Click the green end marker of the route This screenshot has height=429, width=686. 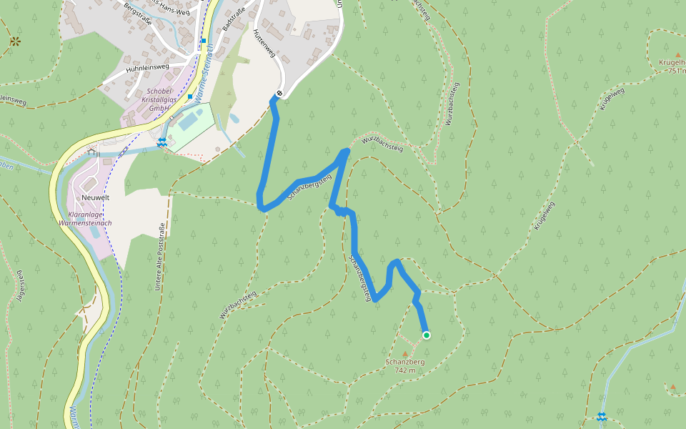coord(427,335)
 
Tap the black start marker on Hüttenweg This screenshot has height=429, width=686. coord(279,94)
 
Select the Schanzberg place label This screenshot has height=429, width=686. coord(405,362)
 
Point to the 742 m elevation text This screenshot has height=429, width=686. coord(405,370)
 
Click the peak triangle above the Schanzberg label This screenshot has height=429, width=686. coord(406,353)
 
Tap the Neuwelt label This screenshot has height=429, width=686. coord(94,197)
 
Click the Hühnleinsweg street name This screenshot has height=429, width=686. coord(147,68)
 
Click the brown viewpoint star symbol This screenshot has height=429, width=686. coord(15,41)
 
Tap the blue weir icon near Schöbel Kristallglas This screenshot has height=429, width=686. coord(163,142)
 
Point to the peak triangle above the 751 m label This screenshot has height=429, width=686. coord(677,54)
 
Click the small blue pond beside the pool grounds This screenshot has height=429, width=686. coord(235,118)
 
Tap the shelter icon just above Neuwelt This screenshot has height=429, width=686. coord(91,152)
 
